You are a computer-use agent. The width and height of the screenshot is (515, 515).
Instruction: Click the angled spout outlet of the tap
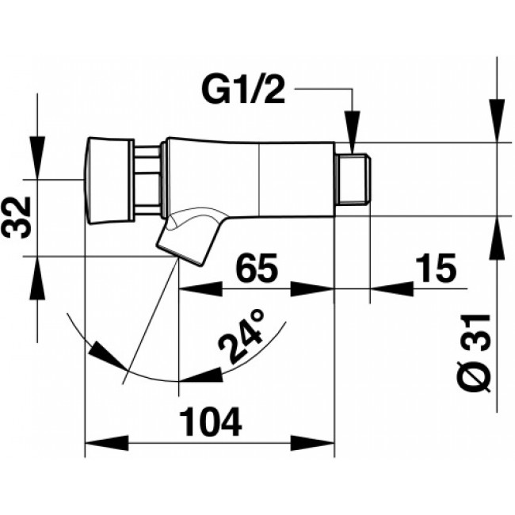(x=185, y=238)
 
